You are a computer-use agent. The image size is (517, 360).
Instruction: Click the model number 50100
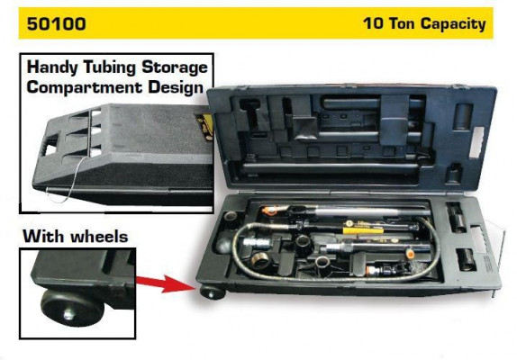point(57,23)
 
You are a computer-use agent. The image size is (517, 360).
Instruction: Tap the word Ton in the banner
point(403,23)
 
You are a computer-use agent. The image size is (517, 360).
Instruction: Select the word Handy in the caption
point(52,67)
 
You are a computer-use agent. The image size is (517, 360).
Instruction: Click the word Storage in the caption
point(175,67)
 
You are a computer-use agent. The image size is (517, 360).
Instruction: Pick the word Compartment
point(85,87)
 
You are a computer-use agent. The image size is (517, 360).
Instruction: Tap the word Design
point(176,87)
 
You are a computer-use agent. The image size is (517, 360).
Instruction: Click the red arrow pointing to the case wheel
point(166,283)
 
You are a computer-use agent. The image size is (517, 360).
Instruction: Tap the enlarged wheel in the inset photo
point(72,308)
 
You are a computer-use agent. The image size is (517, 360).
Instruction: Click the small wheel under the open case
point(212,292)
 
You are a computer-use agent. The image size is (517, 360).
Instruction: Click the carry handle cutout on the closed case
point(50,149)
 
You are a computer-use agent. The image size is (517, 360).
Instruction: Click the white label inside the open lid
point(476,142)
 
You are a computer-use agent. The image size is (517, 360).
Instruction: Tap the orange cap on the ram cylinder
point(410,254)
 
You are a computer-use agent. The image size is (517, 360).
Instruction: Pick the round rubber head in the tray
point(225,242)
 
